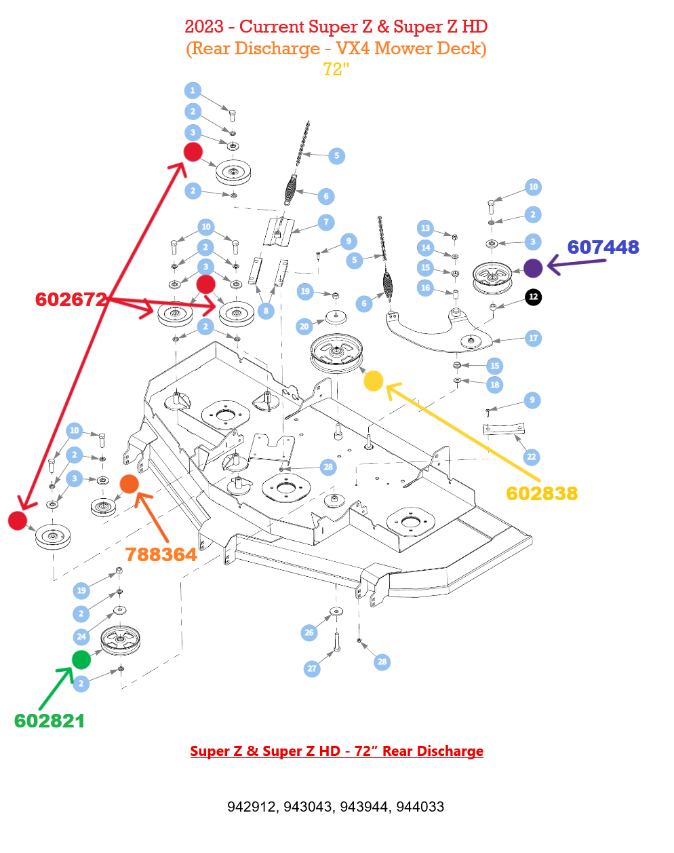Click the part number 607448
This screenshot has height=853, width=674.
(603, 247)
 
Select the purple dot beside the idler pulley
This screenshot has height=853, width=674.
(533, 268)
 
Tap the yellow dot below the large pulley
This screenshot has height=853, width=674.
(374, 381)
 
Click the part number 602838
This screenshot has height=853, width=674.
(542, 493)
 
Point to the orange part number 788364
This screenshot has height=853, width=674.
(161, 554)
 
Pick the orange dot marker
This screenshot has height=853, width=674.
(129, 485)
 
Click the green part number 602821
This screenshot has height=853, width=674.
(49, 721)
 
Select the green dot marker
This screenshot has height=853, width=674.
(81, 659)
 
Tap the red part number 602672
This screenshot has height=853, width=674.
(71, 299)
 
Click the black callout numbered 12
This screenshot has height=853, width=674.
(534, 297)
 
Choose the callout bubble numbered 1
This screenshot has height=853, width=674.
(193, 90)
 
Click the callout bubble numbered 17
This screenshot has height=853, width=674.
(533, 338)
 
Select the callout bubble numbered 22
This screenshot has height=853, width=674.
(531, 457)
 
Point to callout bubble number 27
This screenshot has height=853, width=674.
(312, 668)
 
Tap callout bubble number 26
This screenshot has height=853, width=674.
(309, 632)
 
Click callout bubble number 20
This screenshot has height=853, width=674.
(304, 326)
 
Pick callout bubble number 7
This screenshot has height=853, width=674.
(326, 222)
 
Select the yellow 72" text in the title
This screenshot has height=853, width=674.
(336, 69)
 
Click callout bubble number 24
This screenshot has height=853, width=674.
(81, 636)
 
